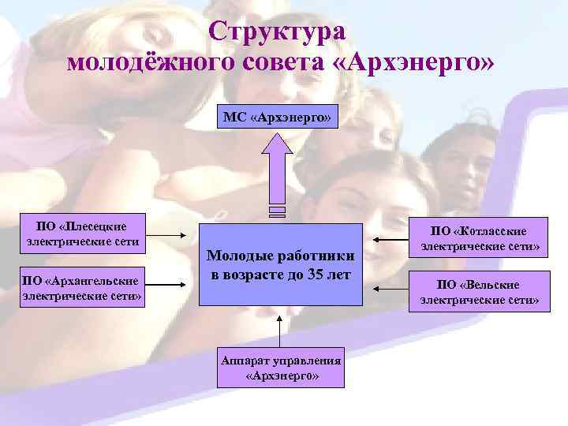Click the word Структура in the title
point(278,32)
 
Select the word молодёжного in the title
point(148,63)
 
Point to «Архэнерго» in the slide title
point(417,63)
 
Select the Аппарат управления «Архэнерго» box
point(282,368)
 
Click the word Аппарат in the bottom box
point(245,361)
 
